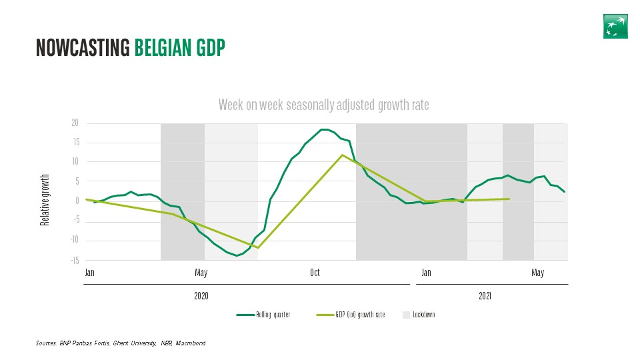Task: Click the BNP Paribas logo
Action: (615, 25)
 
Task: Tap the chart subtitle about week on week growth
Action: (323, 105)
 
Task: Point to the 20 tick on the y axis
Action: (75, 123)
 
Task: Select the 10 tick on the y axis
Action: (75, 162)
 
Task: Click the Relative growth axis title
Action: (45, 200)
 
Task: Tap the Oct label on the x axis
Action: (315, 272)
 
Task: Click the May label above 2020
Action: (201, 272)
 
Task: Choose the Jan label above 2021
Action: (426, 272)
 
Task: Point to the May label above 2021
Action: (537, 272)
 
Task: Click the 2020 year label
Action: (201, 295)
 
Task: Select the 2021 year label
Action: (485, 295)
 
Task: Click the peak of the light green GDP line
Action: (342, 155)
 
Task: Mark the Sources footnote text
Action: (121, 343)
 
